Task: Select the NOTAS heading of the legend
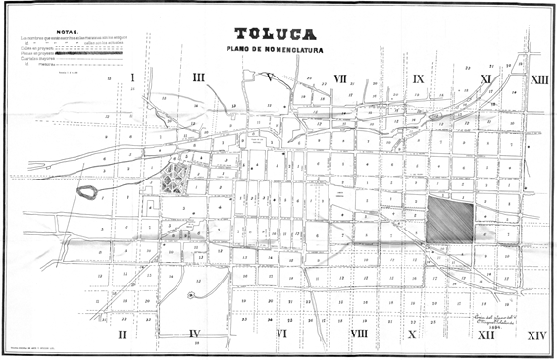click(66, 31)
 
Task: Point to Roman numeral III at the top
click(198, 77)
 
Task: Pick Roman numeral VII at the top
click(339, 77)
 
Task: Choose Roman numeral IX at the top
click(418, 77)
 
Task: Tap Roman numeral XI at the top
click(485, 77)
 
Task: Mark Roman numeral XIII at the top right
click(538, 78)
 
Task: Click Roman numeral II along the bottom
click(123, 334)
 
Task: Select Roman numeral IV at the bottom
click(194, 334)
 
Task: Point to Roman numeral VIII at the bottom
click(358, 334)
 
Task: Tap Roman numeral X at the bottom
click(412, 334)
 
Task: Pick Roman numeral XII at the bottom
click(485, 334)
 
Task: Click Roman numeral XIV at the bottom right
click(536, 334)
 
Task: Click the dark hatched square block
click(450, 219)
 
